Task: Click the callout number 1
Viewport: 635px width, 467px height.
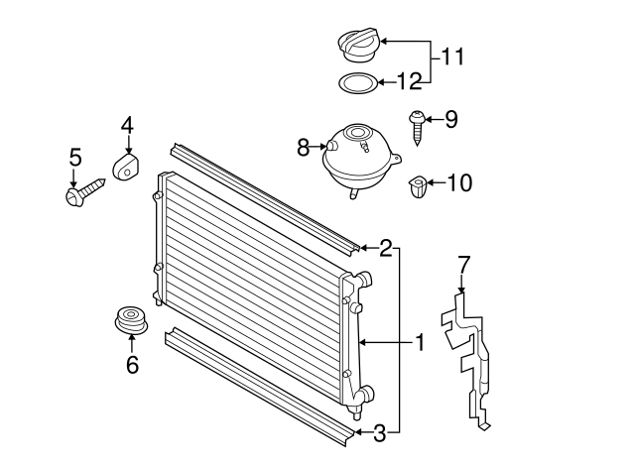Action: coord(420,342)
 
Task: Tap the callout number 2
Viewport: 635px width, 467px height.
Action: coord(385,248)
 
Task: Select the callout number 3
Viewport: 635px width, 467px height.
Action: coord(379,431)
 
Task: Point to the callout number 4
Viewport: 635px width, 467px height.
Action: coord(127,126)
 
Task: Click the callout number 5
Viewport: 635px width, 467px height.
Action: coord(74,158)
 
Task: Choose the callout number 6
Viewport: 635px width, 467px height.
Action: coord(132,365)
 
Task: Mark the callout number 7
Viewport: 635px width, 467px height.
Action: coord(463,264)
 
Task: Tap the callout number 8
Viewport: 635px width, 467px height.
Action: coord(304,148)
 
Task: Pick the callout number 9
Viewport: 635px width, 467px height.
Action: coord(450,120)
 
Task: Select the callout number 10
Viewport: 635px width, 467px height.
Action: coord(459,182)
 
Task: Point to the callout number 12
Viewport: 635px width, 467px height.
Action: coord(409,81)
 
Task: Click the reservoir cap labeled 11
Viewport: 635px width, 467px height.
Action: coord(357,45)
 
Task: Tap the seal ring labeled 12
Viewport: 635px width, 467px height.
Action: coord(356,82)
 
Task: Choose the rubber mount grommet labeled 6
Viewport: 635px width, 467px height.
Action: coord(130,321)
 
